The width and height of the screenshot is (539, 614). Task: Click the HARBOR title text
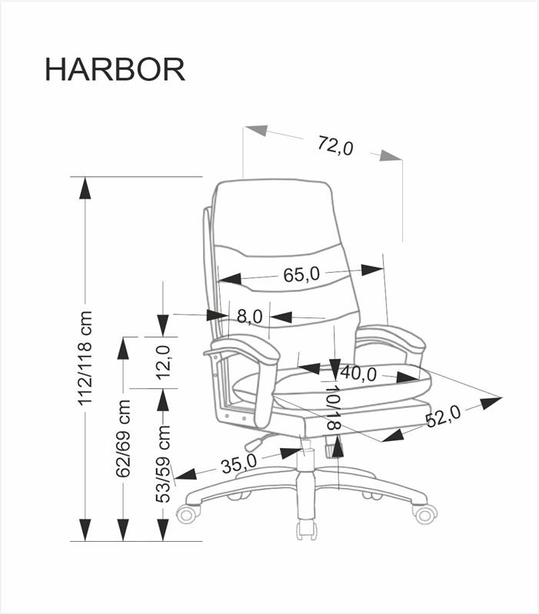click(115, 69)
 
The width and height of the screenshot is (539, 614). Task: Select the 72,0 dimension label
click(334, 144)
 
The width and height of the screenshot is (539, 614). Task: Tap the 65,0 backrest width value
click(301, 274)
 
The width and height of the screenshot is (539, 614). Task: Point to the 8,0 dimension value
click(250, 316)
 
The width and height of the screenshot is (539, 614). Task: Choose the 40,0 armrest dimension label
click(358, 374)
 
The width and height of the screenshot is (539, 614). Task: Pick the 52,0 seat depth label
click(442, 416)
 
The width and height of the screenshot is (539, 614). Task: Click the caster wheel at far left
click(188, 513)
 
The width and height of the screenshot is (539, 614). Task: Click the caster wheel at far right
click(424, 513)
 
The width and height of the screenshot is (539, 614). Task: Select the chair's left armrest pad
click(241, 350)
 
